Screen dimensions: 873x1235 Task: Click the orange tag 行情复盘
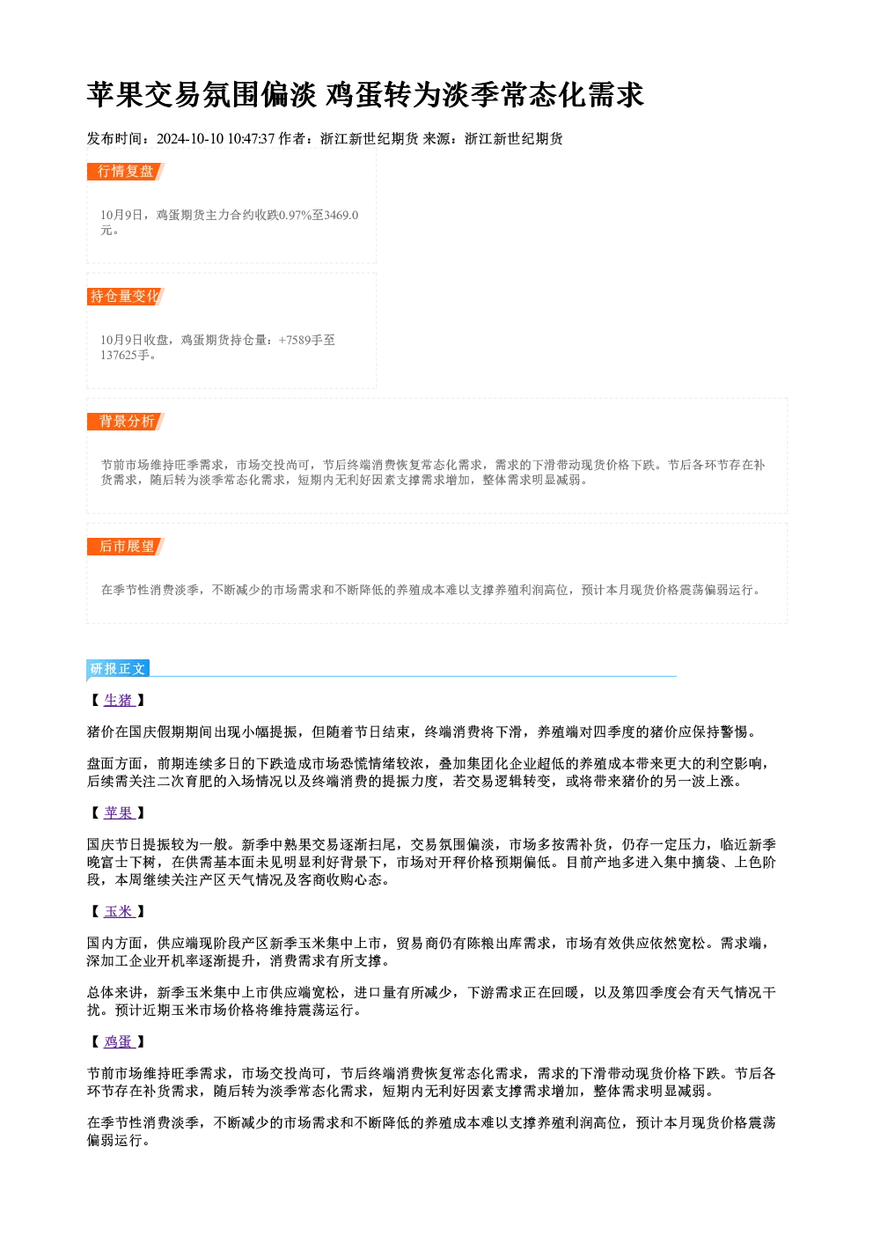[126, 172]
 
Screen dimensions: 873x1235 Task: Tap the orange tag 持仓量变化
[126, 297]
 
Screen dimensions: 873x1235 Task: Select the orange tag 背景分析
[126, 422]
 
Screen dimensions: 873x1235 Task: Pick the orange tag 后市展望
[126, 547]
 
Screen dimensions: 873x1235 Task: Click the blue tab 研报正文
[118, 669]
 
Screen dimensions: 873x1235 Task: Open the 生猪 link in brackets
[119, 700]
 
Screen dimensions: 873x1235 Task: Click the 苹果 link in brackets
[119, 812]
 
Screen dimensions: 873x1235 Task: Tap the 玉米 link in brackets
[119, 911]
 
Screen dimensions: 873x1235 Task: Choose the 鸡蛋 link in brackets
[119, 1041]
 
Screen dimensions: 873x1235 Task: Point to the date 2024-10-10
[190, 139]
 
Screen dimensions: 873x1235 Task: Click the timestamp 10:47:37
[251, 139]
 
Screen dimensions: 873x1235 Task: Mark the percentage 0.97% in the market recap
[296, 215]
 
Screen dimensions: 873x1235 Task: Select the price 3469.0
[341, 215]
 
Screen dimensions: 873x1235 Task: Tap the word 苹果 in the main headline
[115, 95]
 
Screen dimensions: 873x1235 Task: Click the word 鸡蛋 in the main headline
[353, 95]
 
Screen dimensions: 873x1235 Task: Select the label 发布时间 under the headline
[114, 139]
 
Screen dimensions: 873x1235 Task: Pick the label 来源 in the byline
[436, 139]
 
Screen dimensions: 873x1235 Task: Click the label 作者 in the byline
[292, 139]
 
